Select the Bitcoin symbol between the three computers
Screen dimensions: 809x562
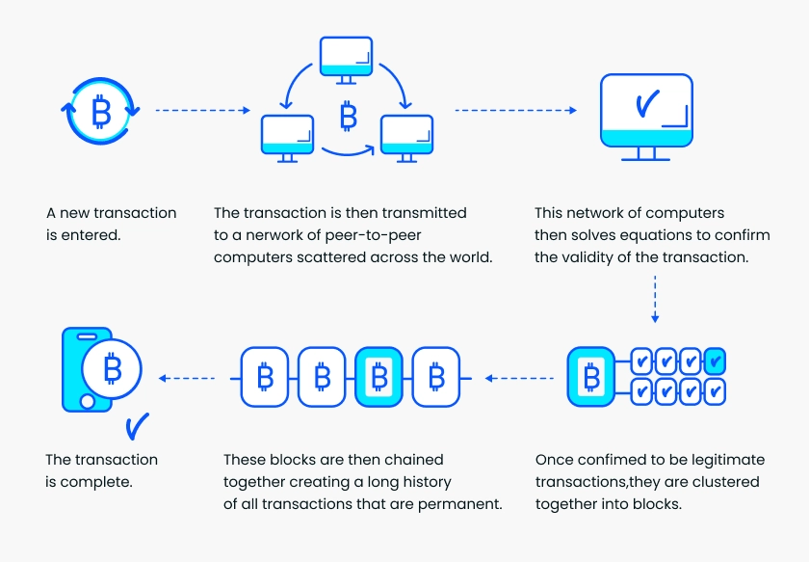tap(349, 116)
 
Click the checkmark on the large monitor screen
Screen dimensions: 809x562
tap(647, 103)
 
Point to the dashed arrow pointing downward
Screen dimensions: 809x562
tap(655, 299)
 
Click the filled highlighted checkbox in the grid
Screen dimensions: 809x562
tap(715, 361)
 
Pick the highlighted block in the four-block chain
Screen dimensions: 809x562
tap(379, 377)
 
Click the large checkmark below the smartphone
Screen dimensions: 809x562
tap(137, 426)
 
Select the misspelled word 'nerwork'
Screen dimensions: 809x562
tap(274, 235)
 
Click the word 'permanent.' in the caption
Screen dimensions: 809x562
tap(460, 504)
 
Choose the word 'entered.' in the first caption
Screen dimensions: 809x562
tap(91, 235)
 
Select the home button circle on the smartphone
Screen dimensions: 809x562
tap(88, 402)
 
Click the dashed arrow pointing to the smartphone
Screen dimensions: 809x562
tap(187, 378)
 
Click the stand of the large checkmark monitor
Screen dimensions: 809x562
tap(646, 154)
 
